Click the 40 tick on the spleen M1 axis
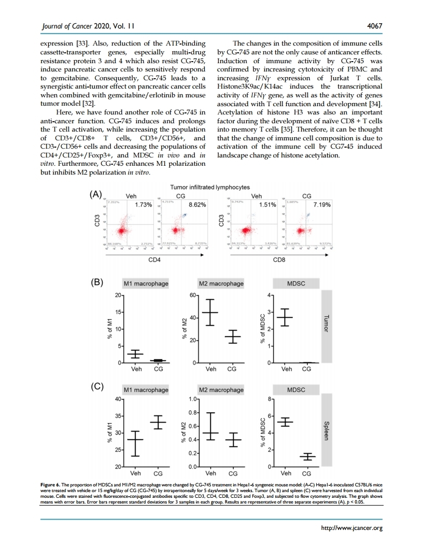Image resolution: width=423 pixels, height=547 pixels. point(117,399)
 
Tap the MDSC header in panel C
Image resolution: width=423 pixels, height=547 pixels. point(296,389)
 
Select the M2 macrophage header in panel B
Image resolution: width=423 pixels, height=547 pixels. point(221,283)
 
